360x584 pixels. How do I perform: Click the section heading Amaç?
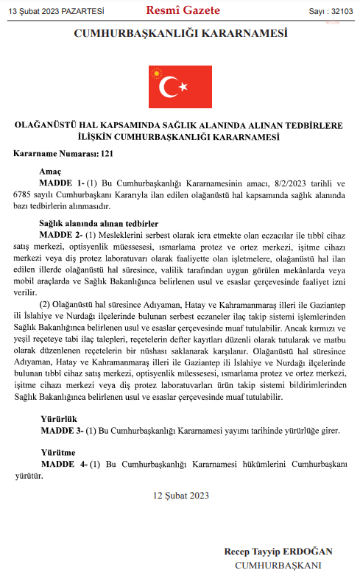point(51,169)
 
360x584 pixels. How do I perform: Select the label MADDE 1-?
point(62,181)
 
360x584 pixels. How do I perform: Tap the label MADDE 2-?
point(62,233)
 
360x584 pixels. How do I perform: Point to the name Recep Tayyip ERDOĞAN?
point(278,552)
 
